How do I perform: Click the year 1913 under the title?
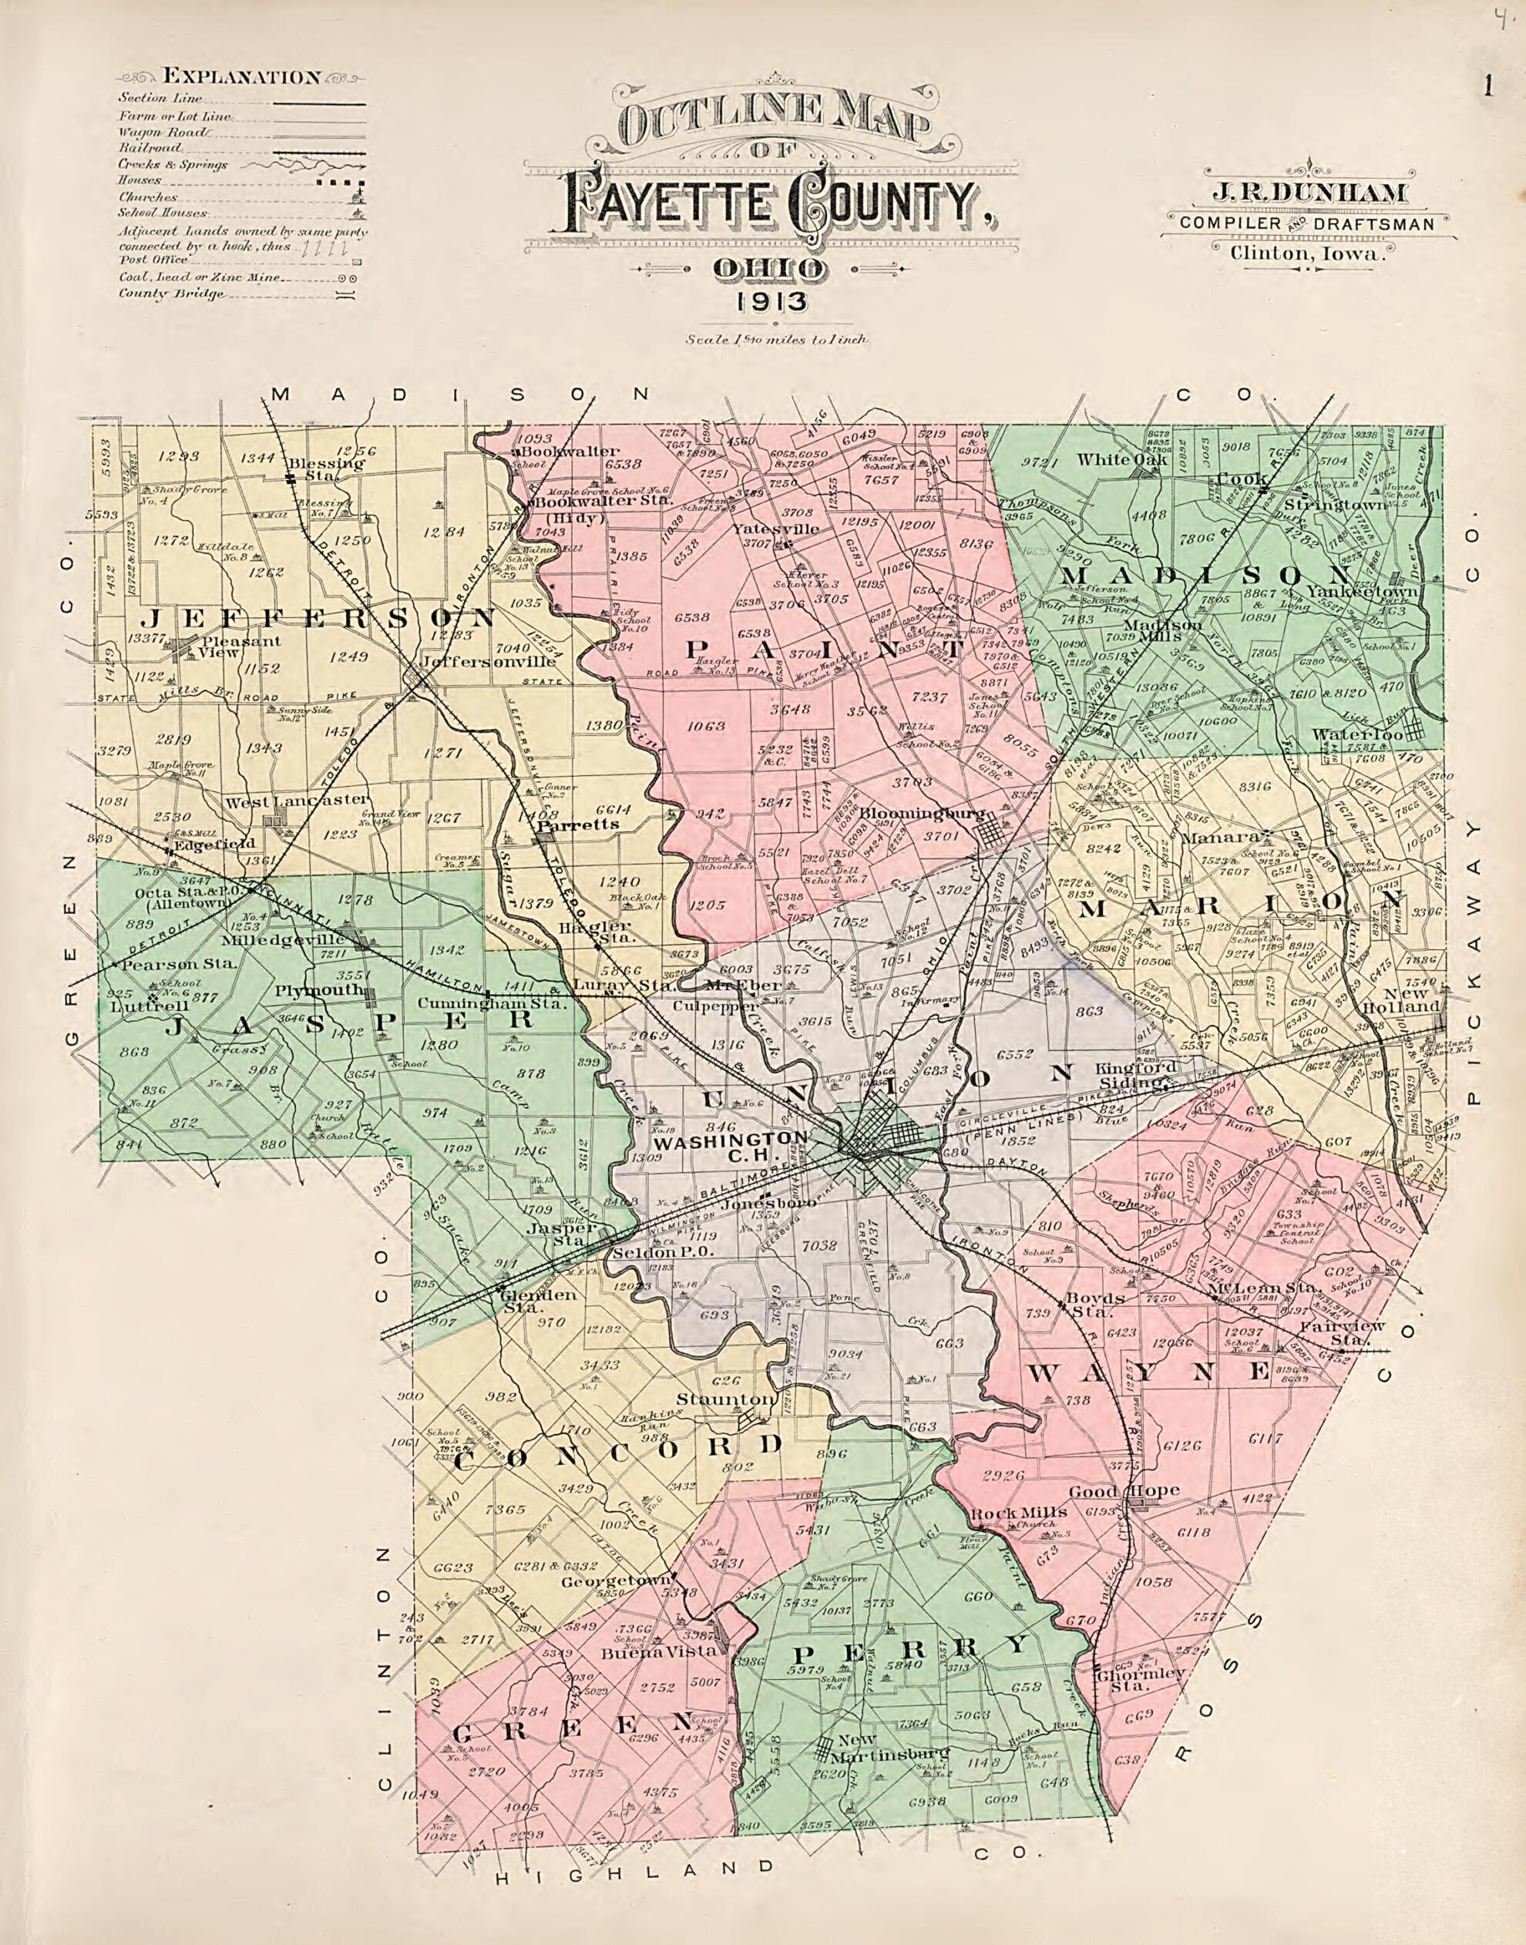point(774,302)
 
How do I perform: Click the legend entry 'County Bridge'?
point(172,294)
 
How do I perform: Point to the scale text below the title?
point(774,341)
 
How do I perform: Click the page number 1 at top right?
point(1488,86)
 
